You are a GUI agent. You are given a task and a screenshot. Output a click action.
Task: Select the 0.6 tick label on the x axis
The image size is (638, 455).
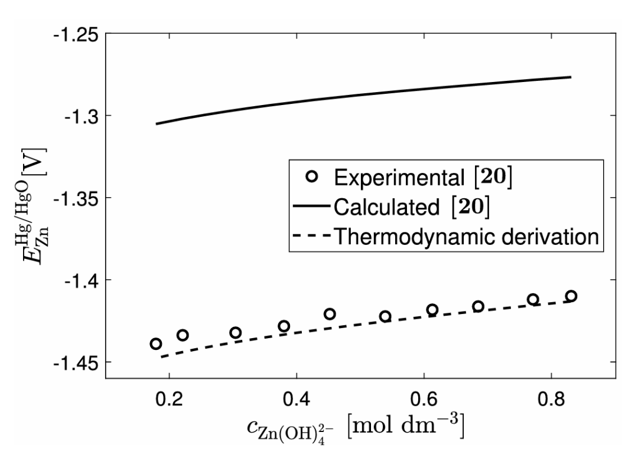click(424, 397)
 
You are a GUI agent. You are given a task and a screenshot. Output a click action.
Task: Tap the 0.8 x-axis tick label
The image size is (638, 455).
click(551, 397)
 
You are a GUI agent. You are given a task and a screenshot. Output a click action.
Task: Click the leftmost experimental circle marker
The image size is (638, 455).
click(156, 344)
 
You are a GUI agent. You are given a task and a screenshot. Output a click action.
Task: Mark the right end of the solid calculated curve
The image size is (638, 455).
click(571, 77)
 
